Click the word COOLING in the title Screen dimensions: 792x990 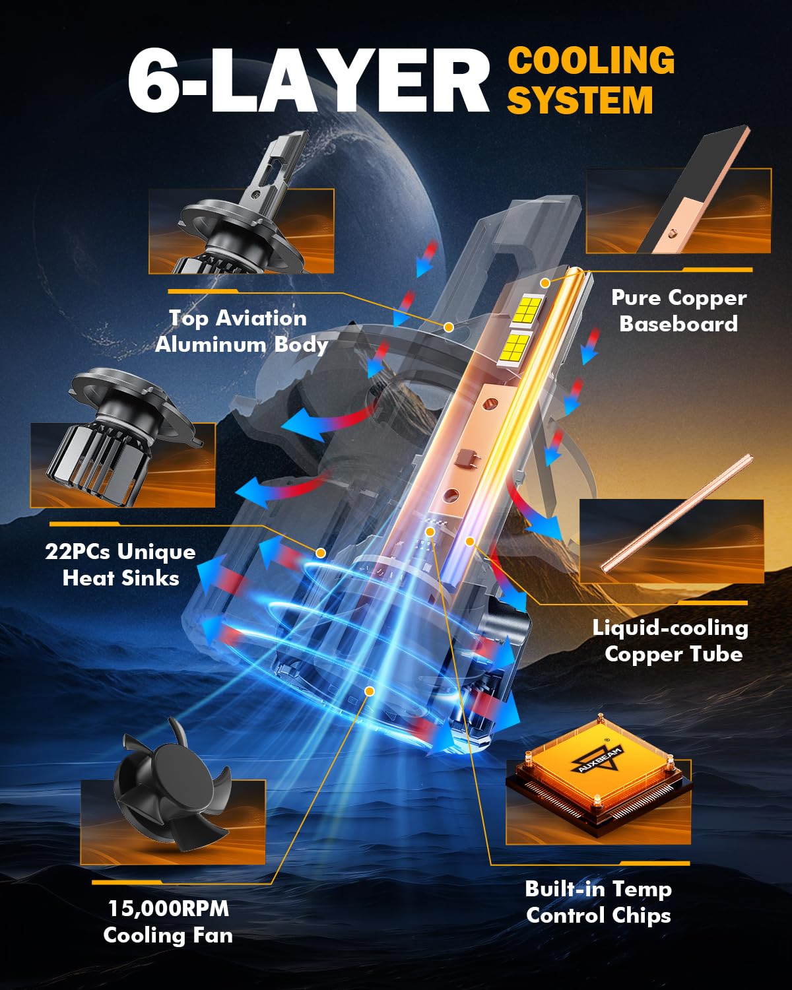point(591,60)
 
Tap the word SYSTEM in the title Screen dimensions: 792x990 point(580,100)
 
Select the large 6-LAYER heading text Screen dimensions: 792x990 point(308,80)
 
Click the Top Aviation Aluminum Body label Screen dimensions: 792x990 point(241,331)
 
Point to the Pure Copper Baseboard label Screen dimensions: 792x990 point(678,311)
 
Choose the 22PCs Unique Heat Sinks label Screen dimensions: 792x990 point(120,564)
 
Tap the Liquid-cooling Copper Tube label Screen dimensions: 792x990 point(671,641)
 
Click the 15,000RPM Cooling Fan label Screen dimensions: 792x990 point(168,923)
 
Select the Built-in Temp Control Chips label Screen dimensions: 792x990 point(599,902)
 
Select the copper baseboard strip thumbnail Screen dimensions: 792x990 point(696,189)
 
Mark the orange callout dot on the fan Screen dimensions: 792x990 point(369,691)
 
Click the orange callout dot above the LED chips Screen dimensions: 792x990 point(545,283)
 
